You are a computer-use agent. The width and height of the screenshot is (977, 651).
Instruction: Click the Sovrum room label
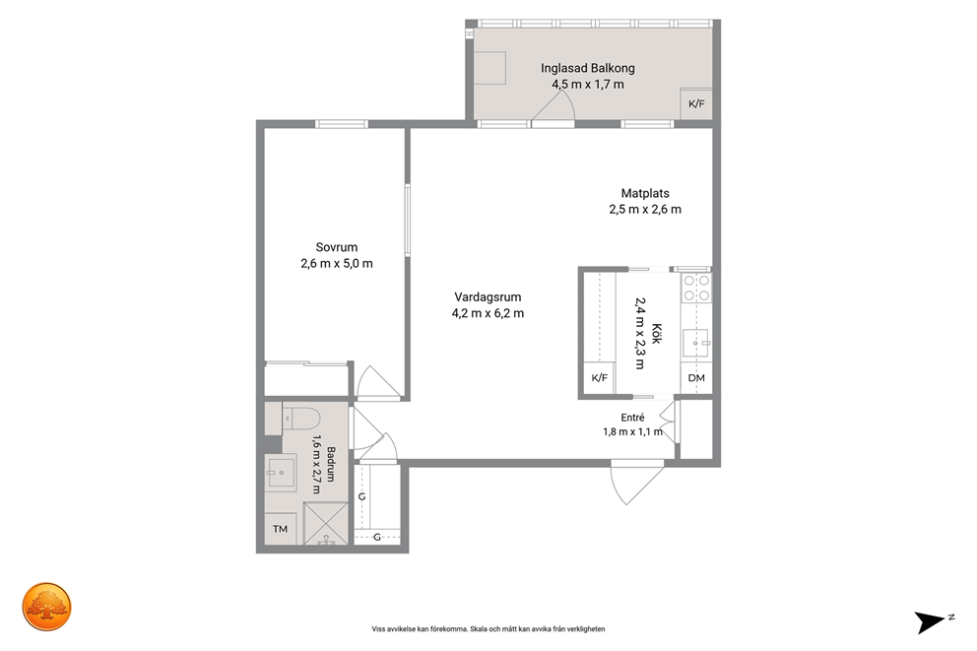(x=337, y=247)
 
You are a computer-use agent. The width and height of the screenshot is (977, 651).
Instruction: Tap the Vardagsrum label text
(x=488, y=297)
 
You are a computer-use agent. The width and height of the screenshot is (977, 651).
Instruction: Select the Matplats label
(x=645, y=193)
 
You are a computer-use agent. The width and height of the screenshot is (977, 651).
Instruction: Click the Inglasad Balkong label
(x=588, y=68)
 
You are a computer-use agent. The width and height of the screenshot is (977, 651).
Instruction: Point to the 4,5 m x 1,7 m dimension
(x=588, y=84)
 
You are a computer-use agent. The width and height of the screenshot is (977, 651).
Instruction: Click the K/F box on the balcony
(x=696, y=103)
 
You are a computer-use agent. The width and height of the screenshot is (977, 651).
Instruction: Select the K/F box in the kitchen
(x=600, y=377)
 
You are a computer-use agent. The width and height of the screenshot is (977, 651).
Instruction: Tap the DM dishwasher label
(x=696, y=377)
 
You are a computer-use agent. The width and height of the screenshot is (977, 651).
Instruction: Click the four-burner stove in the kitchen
(x=696, y=289)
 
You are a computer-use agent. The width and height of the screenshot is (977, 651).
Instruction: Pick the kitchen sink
(x=696, y=343)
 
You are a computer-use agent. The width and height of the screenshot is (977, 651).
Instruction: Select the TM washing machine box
(x=281, y=529)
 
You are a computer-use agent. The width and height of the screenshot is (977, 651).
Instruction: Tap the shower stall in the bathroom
(x=326, y=523)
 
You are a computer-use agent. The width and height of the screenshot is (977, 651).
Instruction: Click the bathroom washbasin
(x=281, y=473)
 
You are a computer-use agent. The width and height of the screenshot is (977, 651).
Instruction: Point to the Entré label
(x=632, y=418)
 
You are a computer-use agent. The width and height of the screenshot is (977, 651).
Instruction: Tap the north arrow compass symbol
(x=932, y=621)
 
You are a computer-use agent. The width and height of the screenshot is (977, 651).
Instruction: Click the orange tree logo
(x=46, y=607)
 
